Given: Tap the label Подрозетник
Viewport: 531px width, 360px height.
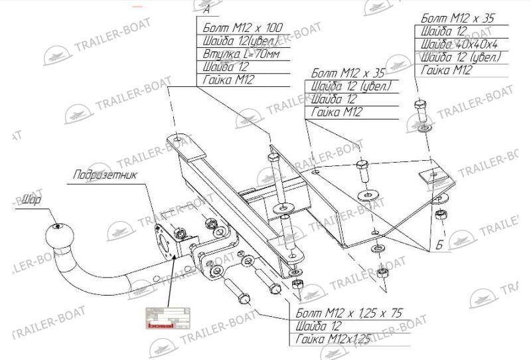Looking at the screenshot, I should pos(106,175).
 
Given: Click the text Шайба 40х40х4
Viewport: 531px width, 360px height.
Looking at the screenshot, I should pos(458,45).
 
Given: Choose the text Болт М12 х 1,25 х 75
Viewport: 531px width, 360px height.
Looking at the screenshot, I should pos(349,314).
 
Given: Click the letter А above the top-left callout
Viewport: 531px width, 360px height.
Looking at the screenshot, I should pos(206,10).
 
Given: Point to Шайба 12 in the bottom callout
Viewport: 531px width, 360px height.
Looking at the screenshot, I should pos(319,327).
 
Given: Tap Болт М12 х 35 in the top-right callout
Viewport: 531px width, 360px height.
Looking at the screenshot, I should pos(458,19).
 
